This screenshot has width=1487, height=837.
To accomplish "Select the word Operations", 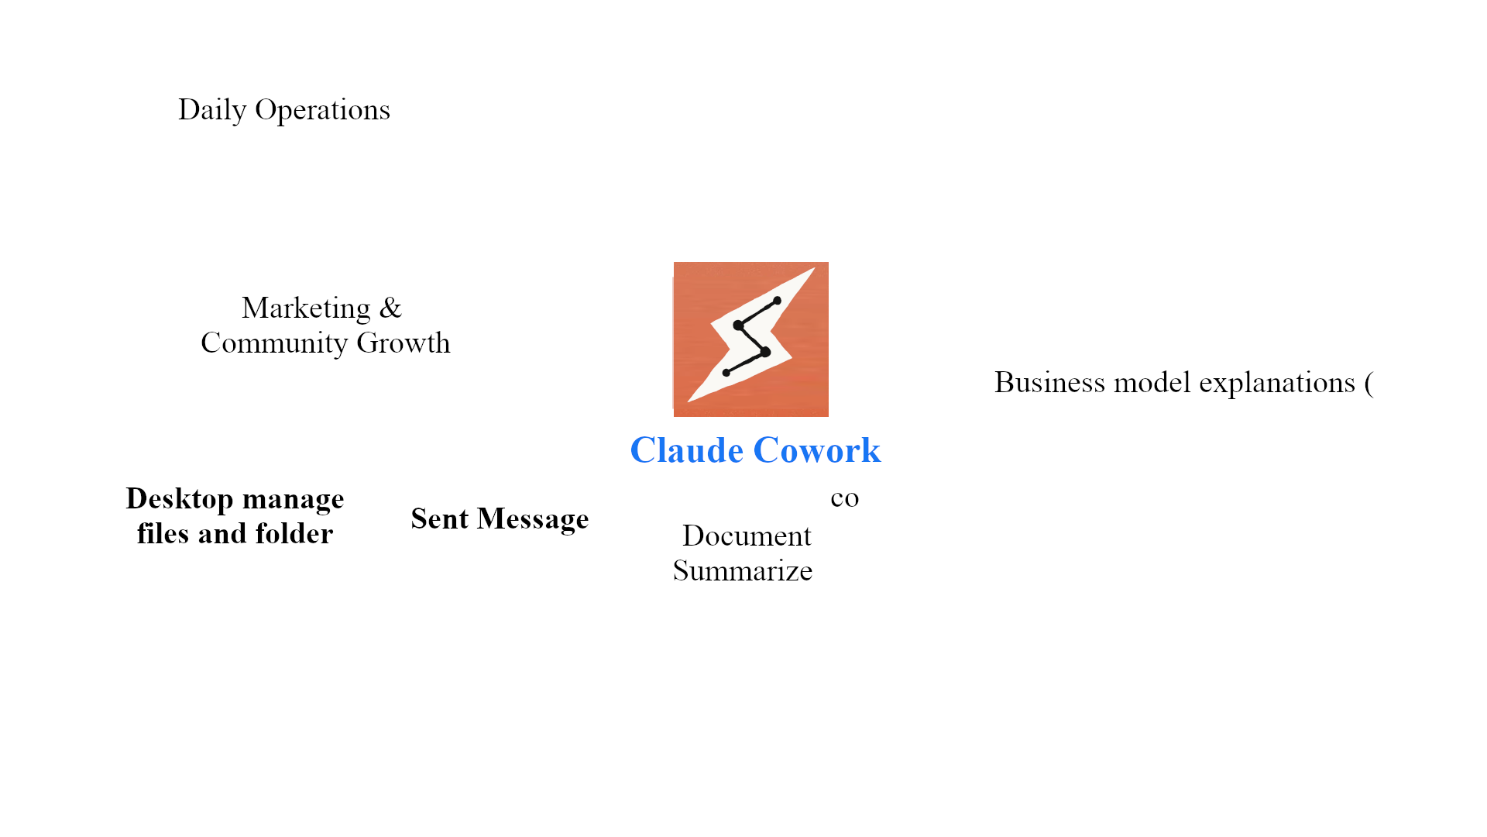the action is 322,110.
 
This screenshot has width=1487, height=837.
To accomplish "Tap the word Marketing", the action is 306,308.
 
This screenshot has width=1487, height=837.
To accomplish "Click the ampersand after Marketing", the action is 390,308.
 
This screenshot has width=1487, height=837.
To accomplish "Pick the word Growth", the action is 403,343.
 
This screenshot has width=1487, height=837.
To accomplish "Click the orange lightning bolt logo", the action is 750,339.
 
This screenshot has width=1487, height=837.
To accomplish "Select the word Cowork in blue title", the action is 816,450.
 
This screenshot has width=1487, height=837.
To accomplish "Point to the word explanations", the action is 1276,383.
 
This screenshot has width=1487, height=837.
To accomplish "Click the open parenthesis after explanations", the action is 1369,384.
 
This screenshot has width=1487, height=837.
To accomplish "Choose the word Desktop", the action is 180,499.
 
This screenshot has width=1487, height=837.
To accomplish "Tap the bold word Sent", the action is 439,518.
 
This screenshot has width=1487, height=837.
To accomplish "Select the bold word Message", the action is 533,519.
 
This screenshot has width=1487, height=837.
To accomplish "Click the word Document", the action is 747,536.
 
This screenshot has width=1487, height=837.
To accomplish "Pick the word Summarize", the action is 743,571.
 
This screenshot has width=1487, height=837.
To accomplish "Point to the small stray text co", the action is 844,498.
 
